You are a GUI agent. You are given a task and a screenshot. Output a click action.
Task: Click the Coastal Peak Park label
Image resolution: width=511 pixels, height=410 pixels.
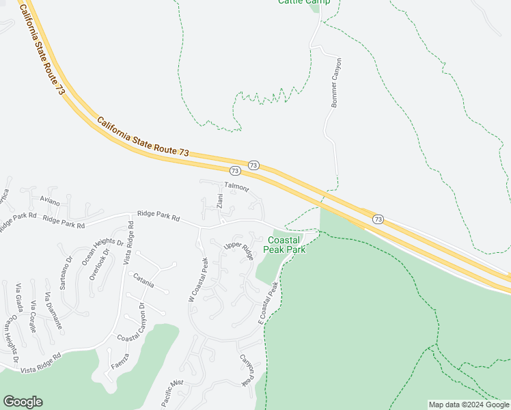point(286,245)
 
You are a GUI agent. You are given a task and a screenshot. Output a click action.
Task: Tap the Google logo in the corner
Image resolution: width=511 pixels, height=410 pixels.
point(23,402)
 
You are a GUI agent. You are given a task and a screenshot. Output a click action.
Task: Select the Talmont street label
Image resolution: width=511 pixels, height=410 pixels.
point(236,187)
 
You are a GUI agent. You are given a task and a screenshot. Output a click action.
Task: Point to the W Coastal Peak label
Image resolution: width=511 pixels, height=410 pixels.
point(197,279)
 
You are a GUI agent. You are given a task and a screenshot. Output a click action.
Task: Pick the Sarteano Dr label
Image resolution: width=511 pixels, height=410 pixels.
point(66,273)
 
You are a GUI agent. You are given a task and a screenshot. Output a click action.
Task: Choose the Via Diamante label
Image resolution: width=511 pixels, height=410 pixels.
point(53,311)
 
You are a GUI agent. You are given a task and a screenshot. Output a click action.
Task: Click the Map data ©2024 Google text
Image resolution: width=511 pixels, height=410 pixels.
point(468,405)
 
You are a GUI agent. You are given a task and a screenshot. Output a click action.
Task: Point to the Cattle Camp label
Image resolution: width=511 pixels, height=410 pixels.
point(304,2)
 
